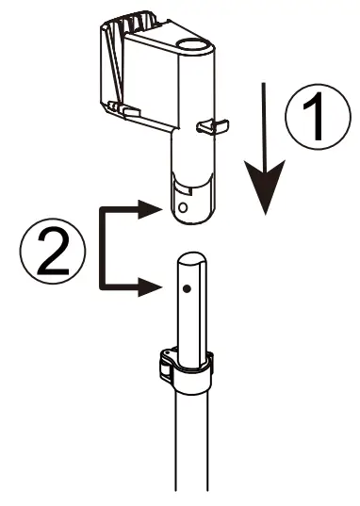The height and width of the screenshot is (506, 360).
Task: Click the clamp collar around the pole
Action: point(189,369)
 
